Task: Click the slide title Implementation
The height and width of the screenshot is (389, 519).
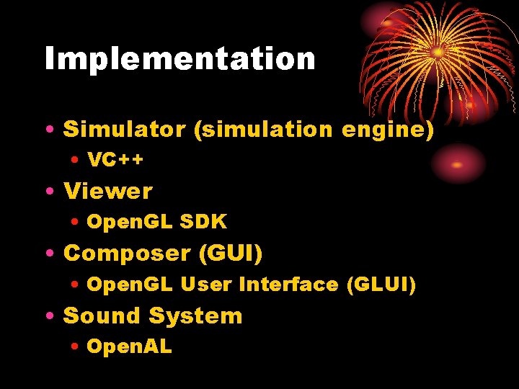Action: click(179, 59)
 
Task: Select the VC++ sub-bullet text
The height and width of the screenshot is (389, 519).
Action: click(115, 160)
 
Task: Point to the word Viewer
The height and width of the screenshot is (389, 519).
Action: click(108, 192)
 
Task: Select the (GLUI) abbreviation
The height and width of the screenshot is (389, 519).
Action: click(381, 285)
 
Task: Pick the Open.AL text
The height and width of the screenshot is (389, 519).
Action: click(129, 346)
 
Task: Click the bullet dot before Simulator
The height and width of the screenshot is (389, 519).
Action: click(48, 130)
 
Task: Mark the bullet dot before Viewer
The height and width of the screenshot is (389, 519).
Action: click(48, 192)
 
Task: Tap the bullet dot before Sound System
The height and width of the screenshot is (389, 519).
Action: click(48, 316)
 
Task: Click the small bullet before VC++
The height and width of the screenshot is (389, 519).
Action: click(75, 161)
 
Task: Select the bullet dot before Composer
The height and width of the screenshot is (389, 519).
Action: click(48, 254)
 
